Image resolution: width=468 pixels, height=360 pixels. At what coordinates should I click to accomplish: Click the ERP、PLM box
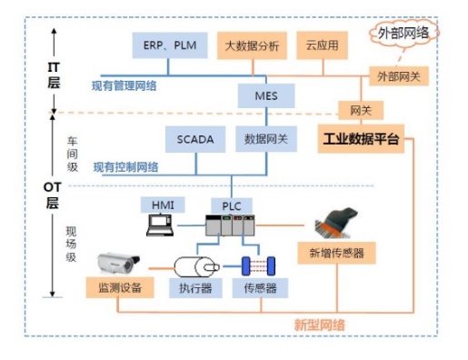click(170, 45)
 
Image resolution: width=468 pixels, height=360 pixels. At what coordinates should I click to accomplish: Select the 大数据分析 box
click(252, 45)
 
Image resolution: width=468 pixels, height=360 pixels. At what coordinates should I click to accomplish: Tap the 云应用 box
click(322, 45)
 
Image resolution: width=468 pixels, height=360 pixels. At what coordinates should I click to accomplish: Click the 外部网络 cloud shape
click(404, 33)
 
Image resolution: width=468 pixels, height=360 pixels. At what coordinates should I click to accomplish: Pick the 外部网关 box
click(399, 76)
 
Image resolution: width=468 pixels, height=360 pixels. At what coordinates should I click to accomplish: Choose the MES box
click(266, 95)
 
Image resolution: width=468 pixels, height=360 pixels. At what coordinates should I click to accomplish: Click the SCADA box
click(195, 139)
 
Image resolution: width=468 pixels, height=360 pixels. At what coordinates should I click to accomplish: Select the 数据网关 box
click(266, 139)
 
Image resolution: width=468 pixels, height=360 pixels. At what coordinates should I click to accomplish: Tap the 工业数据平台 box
click(361, 139)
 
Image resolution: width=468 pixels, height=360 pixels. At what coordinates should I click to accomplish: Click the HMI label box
click(163, 205)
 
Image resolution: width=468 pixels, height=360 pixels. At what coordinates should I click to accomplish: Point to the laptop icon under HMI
click(160, 225)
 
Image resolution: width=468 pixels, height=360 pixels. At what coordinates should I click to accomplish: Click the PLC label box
click(232, 206)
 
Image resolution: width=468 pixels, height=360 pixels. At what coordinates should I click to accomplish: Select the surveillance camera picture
click(118, 264)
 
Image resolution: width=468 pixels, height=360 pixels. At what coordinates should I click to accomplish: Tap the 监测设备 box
click(120, 287)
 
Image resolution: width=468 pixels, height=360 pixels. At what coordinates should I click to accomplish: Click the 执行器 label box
click(195, 288)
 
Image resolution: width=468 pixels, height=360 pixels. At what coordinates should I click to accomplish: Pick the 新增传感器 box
click(336, 253)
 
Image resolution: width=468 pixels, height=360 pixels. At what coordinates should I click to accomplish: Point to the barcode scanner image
click(335, 224)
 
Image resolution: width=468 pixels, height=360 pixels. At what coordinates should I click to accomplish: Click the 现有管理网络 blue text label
click(124, 86)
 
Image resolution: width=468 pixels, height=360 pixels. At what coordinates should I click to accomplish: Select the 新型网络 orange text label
click(320, 325)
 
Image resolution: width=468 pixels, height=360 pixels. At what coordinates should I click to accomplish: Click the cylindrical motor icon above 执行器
click(196, 266)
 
